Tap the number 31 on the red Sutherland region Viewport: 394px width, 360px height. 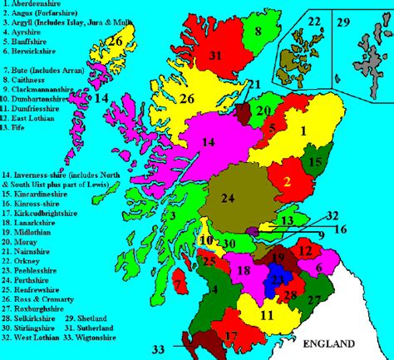pos(215,56)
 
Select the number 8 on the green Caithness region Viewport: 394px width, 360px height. pos(258,32)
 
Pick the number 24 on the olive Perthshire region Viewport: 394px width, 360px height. pos(227,198)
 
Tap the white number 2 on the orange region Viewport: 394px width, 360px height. pos(286,180)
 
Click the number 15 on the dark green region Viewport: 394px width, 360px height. pos(315,164)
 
